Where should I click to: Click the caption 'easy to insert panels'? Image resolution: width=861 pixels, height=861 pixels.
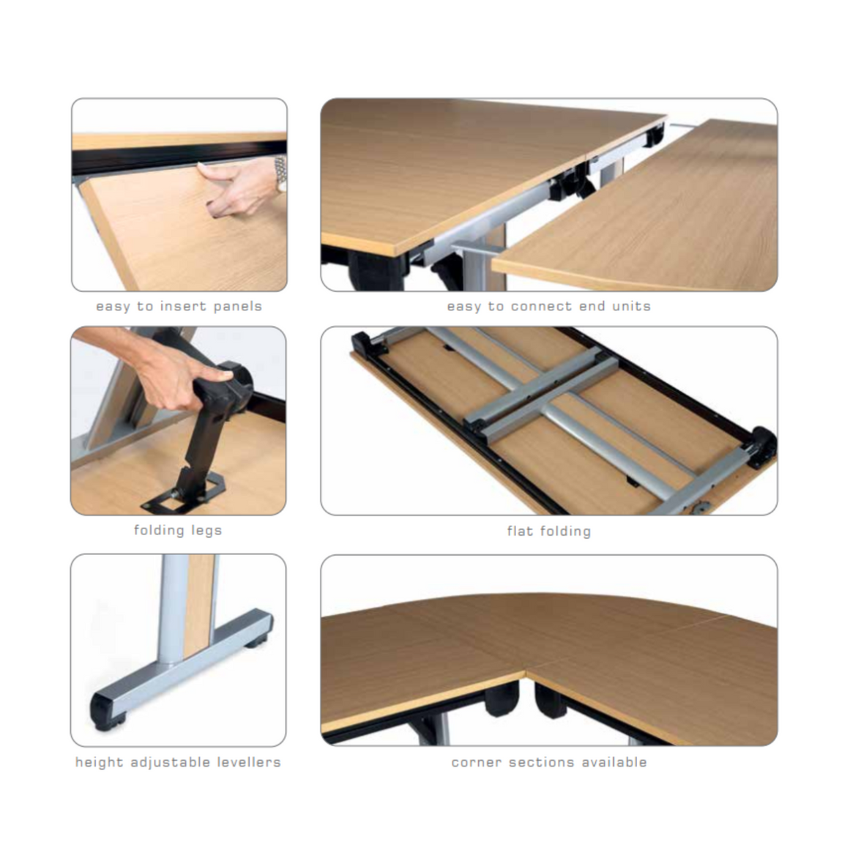179,306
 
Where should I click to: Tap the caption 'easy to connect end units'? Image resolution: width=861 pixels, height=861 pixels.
548,306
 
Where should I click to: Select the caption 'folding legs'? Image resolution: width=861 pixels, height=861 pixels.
178,530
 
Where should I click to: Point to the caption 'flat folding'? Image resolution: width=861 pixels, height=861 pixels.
549,531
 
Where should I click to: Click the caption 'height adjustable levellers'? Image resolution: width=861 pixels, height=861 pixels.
178,762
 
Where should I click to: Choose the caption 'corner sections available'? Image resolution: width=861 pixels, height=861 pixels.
549,762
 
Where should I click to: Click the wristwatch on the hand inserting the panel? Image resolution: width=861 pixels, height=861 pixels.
280,173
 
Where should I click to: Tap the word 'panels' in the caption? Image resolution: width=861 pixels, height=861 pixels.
238,306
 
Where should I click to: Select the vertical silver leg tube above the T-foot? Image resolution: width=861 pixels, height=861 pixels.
174,609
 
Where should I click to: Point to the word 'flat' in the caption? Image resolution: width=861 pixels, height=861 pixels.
520,531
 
